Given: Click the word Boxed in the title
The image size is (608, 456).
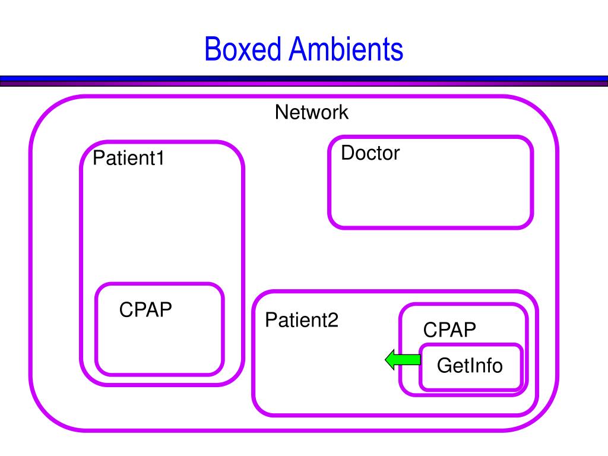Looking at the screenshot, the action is click(243, 49).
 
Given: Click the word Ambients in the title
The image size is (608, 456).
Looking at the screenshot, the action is click(346, 49).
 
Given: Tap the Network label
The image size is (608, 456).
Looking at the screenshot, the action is click(311, 112).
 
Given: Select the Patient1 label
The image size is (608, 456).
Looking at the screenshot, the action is click(128, 158).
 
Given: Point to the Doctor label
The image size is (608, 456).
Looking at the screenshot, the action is click(370, 153).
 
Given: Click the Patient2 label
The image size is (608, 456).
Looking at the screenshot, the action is click(302, 320).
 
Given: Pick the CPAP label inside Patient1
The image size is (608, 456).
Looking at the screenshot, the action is click(145, 309).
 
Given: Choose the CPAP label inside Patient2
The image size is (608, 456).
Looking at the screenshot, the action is click(449, 330).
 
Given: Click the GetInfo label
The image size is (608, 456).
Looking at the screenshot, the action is click(470, 366).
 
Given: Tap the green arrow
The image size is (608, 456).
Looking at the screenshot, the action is click(403, 359).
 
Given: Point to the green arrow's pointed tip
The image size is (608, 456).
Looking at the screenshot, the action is click(385, 359).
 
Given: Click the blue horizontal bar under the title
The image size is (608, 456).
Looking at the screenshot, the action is click(304, 78).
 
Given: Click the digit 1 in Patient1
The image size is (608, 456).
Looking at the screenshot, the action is click(160, 158).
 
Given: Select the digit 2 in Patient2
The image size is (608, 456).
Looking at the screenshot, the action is click(334, 320).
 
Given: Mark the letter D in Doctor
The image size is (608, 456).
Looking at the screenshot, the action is click(348, 153).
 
